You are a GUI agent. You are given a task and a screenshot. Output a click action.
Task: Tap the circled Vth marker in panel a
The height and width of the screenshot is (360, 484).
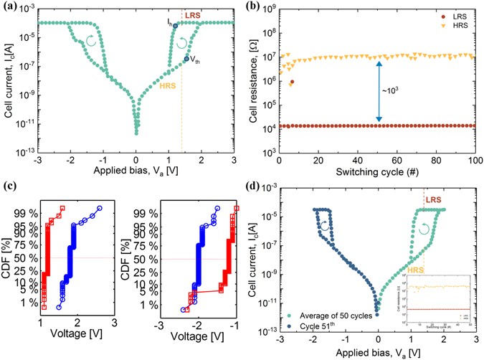coord(186,59)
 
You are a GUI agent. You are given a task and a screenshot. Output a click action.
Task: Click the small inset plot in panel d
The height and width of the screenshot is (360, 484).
coord(437,296)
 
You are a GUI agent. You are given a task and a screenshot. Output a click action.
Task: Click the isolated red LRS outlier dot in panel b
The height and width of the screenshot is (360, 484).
coord(292,81)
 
